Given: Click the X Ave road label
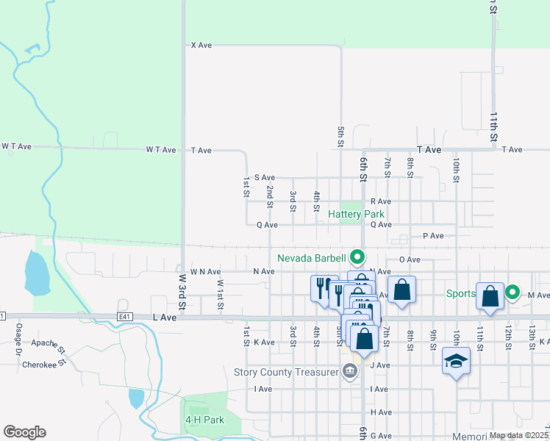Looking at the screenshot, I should (201, 46).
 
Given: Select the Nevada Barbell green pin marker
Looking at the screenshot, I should (357, 257).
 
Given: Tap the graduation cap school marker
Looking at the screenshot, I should (456, 362).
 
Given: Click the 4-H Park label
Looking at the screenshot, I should (204, 420).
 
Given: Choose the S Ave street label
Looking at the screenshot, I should (264, 178).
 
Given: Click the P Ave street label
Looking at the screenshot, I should (433, 236).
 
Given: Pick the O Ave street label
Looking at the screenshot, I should (410, 259).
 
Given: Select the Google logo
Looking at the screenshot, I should (24, 432).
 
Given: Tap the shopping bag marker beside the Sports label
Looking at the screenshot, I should (490, 295).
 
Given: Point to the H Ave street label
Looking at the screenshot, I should (381, 412).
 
